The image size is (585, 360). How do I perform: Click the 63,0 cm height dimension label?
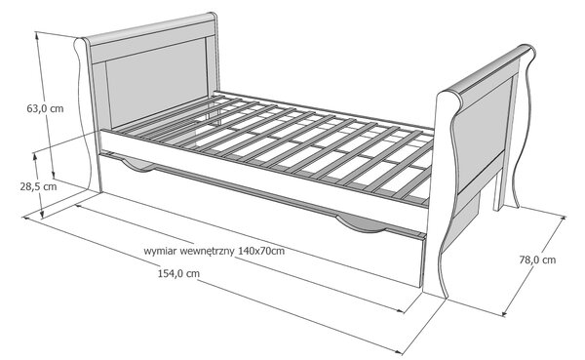tap(45, 109)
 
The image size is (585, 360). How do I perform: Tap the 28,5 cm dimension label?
tap(38, 186)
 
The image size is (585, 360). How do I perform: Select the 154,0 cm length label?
tap(178, 274)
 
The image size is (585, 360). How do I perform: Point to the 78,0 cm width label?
tap(537, 260)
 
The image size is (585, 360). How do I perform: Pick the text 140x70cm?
tap(261, 251)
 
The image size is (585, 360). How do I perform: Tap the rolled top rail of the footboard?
tap(489, 70)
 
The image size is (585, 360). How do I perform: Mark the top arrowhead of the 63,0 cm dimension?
tap(37, 35)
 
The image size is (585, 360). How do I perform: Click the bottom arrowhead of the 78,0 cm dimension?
tap(505, 313)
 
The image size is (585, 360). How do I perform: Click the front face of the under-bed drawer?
tap(261, 217)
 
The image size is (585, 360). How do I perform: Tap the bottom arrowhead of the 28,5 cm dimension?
tap(42, 215)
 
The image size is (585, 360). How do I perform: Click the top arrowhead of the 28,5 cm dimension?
tap(35, 156)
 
